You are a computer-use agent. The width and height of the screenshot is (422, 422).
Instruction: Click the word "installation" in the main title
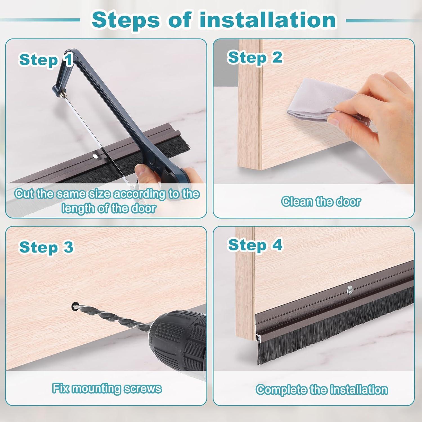268,20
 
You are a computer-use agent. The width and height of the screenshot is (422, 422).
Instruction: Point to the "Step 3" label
46,247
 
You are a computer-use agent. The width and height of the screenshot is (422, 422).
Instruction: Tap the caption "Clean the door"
321,201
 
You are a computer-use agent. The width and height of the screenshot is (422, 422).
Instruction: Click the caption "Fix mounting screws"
107,388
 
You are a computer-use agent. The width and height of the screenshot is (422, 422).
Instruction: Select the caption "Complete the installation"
322,389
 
